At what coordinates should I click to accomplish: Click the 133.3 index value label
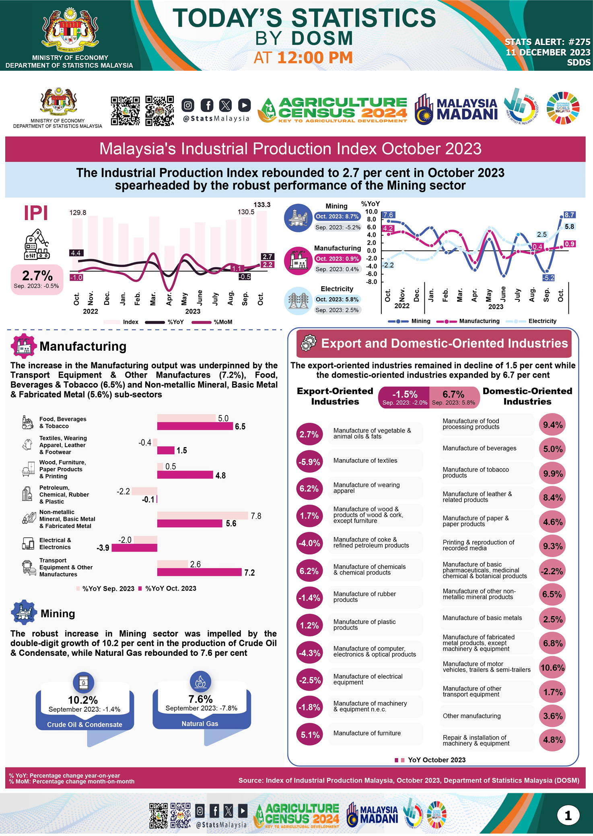pos(262,205)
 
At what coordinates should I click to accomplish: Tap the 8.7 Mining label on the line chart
pos(569,215)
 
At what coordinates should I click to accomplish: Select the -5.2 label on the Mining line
pos(548,278)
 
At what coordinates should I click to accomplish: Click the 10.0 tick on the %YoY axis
pos(371,212)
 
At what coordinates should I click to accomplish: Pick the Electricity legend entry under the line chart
pos(542,321)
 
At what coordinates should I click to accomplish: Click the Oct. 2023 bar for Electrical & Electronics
pos(134,548)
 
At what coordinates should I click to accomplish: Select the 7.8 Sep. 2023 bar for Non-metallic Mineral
pos(202,516)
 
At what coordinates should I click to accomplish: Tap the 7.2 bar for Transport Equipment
pos(199,572)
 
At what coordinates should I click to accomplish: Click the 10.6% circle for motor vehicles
pos(552,668)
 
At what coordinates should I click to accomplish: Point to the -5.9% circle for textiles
pos(309,462)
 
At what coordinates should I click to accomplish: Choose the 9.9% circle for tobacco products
pos(552,473)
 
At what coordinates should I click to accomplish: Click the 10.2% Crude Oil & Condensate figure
pos(83,700)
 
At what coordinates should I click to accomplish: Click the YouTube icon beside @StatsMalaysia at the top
pos(244,105)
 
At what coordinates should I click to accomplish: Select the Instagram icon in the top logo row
pos(188,105)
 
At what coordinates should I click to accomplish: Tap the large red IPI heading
pos(36,213)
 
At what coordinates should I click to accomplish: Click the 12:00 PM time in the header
pos(315,58)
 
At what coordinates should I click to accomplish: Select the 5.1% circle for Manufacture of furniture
pos(310,735)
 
